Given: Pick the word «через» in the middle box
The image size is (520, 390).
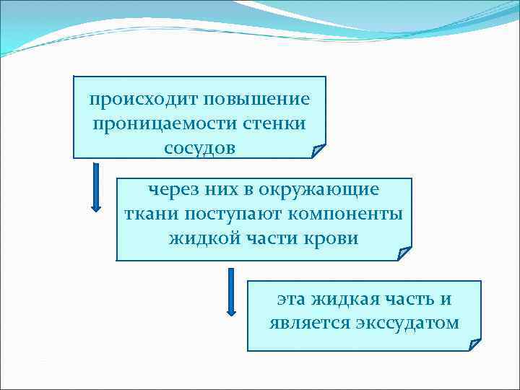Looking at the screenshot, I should pyautogui.click(x=173, y=191).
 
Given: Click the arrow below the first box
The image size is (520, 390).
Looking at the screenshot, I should pyautogui.click(x=96, y=186).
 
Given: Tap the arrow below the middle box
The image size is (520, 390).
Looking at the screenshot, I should pyautogui.click(x=231, y=292).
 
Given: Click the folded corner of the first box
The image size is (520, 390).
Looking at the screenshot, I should pyautogui.click(x=318, y=151).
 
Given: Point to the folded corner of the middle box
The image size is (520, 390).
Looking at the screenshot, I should pyautogui.click(x=404, y=253).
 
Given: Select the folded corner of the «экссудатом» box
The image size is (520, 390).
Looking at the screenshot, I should pyautogui.click(x=474, y=344).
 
